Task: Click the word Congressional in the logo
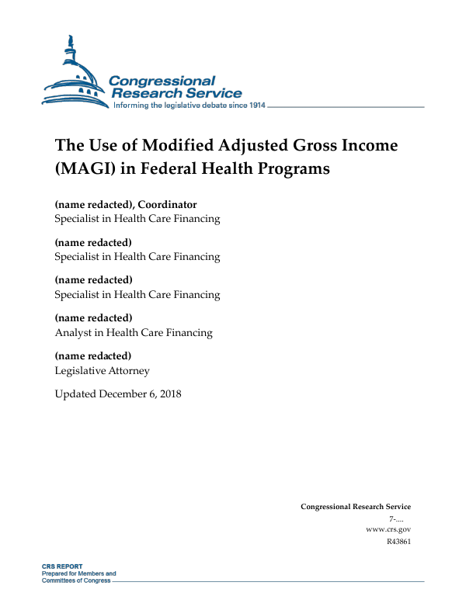click(162, 81)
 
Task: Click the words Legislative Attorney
click(102, 370)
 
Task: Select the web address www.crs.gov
click(388, 528)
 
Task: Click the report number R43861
click(398, 541)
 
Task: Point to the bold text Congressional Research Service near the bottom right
click(355, 507)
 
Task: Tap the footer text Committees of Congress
click(76, 580)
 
